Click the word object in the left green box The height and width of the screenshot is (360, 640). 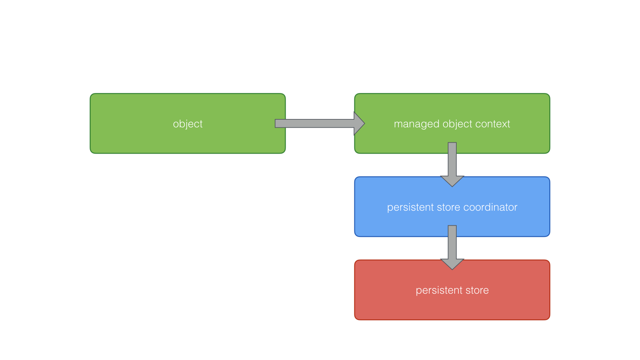pyautogui.click(x=188, y=124)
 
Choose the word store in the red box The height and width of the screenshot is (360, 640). pyautogui.click(x=477, y=290)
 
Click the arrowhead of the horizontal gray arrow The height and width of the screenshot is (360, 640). pyautogui.click(x=359, y=123)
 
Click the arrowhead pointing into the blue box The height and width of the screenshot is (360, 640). pyautogui.click(x=452, y=181)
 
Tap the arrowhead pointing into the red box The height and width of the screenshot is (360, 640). pyautogui.click(x=452, y=264)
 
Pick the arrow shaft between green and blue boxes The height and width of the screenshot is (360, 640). pyautogui.click(x=452, y=160)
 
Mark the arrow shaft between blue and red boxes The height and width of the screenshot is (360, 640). pyautogui.click(x=452, y=243)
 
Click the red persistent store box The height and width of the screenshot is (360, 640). pyautogui.click(x=400, y=307)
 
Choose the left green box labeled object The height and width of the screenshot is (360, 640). pyautogui.click(x=133, y=140)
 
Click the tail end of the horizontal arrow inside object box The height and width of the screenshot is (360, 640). pyautogui.click(x=279, y=123)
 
